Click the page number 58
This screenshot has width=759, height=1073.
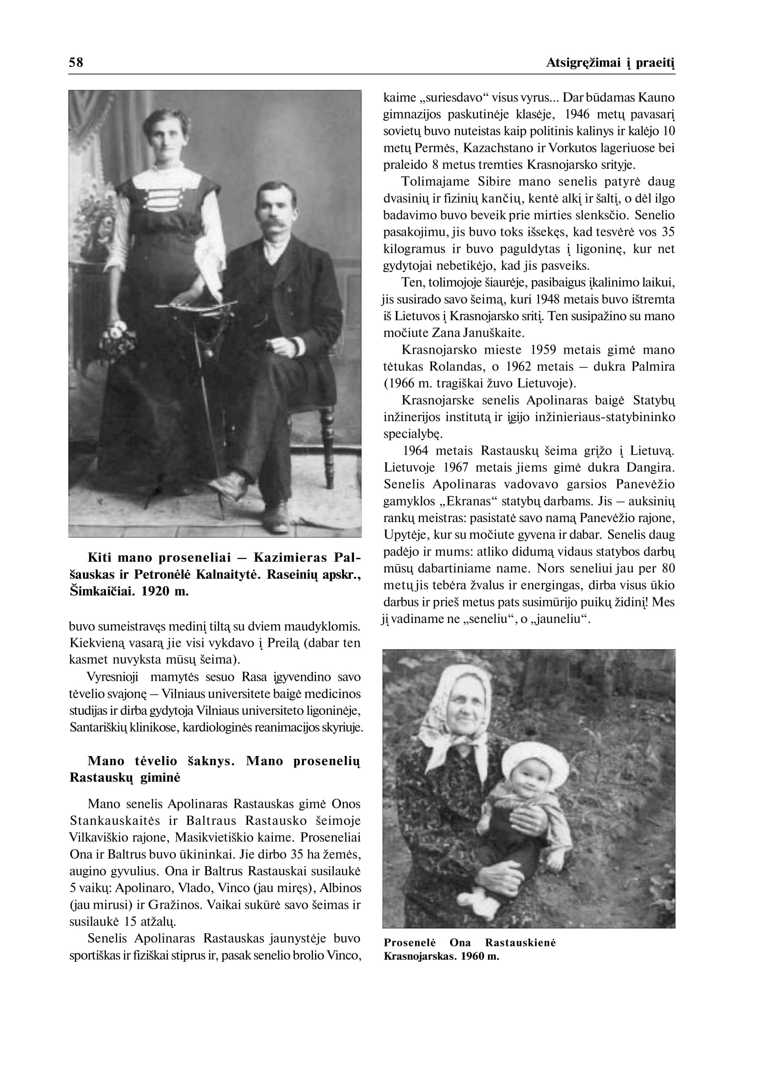(76, 62)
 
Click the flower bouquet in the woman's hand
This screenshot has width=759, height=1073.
(119, 337)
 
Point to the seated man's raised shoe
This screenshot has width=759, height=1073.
(229, 486)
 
